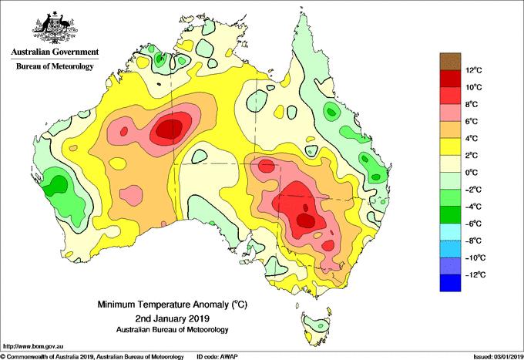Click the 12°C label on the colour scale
point(474,70)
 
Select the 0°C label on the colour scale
point(472,173)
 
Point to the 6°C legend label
point(472,121)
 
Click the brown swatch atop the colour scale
point(450,61)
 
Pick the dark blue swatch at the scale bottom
point(450,283)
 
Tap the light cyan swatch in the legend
point(450,232)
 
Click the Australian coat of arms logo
point(55,28)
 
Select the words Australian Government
point(55,52)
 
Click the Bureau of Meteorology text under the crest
point(55,66)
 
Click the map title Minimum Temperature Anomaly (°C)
point(172,304)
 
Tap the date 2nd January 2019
point(172,318)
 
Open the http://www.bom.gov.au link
point(32,346)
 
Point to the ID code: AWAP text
point(217,357)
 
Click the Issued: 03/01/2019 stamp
point(499,357)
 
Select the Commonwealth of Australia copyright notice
point(92,357)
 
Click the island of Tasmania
point(316,328)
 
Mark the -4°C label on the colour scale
point(473,207)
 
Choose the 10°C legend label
point(474,87)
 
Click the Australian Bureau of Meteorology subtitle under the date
point(172,330)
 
